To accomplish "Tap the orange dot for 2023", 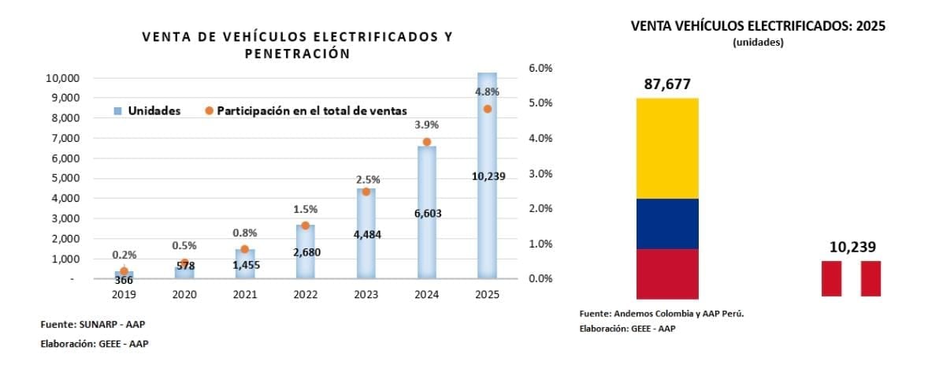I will click(x=366, y=192).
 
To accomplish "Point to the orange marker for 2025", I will click(x=487, y=109).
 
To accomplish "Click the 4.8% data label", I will click(x=487, y=92).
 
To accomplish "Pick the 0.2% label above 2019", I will click(x=124, y=255).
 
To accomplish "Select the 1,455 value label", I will click(x=245, y=265).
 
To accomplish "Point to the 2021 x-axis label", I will click(x=245, y=293).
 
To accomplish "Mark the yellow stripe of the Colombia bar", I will click(x=666, y=148).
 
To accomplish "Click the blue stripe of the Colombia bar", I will click(x=666, y=223).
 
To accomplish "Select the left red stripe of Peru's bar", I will click(x=831, y=278).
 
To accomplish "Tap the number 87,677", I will click(x=667, y=84).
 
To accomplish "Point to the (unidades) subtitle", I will click(x=758, y=43).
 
